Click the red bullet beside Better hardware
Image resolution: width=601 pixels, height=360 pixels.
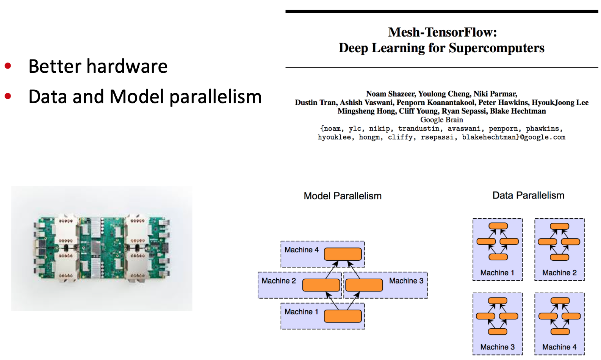coord(8,66)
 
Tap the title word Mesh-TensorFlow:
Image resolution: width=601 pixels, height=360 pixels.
coord(442,32)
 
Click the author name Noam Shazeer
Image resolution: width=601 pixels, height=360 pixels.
coord(390,94)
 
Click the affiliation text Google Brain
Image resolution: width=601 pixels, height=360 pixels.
coord(441,120)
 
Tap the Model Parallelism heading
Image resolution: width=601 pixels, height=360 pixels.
coord(343,196)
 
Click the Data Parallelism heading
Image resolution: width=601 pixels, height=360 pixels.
coord(528,196)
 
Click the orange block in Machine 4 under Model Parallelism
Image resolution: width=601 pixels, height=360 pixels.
coord(343,254)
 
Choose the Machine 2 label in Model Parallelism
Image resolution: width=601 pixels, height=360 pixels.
coord(279,281)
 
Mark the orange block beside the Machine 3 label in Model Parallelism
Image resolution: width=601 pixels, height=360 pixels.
coord(364,285)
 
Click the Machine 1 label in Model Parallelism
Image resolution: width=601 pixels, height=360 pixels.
coord(301,312)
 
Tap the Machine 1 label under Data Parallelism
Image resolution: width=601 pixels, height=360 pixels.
coord(497,273)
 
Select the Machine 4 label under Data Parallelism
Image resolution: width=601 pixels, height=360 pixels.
coord(559,347)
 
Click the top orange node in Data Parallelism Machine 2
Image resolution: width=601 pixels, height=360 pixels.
coord(559,227)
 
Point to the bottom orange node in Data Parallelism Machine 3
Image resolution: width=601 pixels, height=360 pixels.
coord(498,332)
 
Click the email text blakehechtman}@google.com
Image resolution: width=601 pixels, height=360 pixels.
coord(513,137)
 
